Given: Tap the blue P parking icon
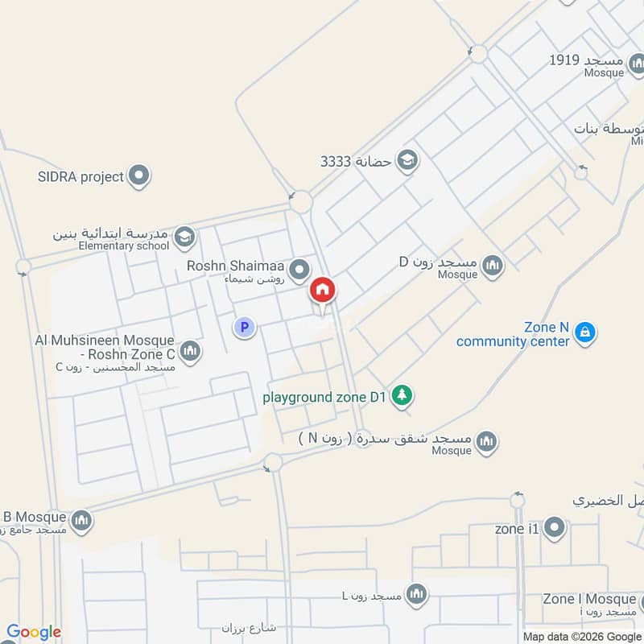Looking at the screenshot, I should [244, 327].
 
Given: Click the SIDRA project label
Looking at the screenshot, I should [80, 176].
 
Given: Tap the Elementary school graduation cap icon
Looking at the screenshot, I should [184, 237].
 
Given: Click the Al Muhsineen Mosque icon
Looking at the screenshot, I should [191, 350].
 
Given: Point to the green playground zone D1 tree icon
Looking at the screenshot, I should [403, 395].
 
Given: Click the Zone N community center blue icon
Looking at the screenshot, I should [586, 332].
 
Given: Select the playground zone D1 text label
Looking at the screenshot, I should [326, 396].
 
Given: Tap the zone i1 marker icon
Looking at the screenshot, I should [554, 529].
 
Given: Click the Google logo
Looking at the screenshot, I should [34, 632].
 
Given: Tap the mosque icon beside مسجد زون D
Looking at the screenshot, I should [492, 264].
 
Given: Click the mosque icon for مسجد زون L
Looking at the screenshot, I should [415, 595].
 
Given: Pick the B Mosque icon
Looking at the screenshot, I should [80, 522].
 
